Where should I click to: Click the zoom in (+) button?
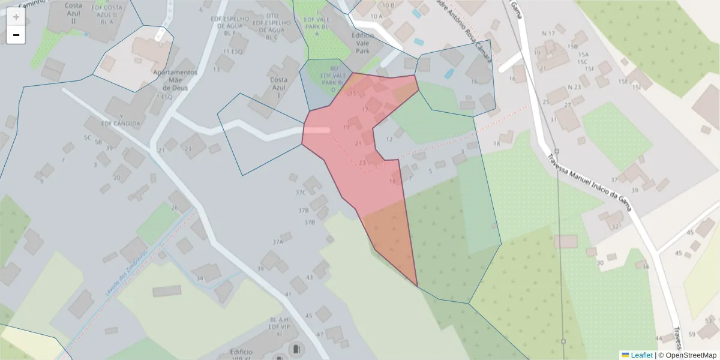click(16, 16)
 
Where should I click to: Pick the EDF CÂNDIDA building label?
click(122, 124)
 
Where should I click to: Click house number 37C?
click(301, 193)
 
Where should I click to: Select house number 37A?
click(277, 242)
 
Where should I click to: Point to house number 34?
click(200, 278)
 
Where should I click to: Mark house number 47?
click(320, 334)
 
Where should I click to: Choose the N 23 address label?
click(574, 87)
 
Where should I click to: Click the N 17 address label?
click(548, 33)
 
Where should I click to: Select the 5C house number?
click(88, 137)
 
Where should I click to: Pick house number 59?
click(692, 334)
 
